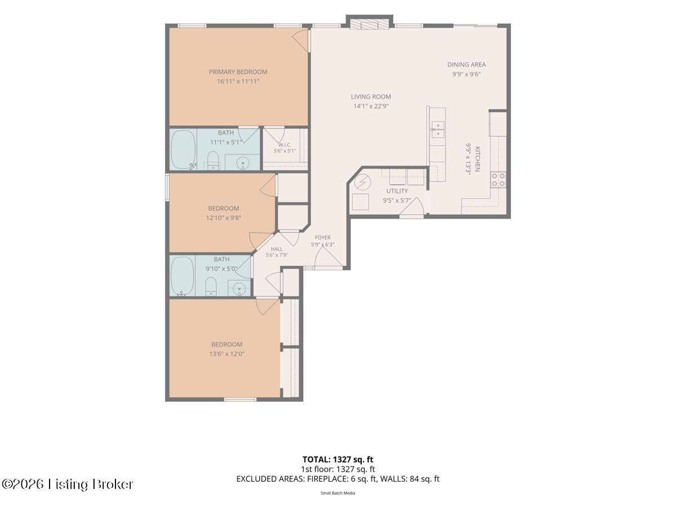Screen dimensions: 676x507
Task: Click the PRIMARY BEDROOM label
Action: tap(238, 72)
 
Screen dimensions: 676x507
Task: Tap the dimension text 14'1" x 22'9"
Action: tap(371, 106)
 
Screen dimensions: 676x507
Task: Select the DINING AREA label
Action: tap(466, 65)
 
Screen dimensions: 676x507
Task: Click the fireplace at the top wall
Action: tap(369, 25)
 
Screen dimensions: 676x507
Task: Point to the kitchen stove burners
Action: tap(498, 180)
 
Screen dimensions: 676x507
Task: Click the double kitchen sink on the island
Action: tap(437, 130)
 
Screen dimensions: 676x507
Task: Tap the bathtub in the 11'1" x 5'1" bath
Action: tap(183, 150)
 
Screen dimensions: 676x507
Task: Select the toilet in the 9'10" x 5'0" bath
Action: tap(211, 286)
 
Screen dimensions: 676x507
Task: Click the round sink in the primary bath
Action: tap(243, 163)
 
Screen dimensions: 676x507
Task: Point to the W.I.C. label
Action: tap(285, 145)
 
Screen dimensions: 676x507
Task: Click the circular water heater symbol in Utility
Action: tap(362, 183)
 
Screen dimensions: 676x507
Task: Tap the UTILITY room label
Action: tap(397, 191)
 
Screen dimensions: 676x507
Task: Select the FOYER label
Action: tap(322, 238)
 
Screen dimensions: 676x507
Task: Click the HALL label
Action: tap(277, 249)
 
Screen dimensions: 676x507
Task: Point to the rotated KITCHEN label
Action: tap(477, 159)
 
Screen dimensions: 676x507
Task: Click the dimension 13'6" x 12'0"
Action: tap(226, 354)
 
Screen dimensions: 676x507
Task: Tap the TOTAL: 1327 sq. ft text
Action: tap(337, 460)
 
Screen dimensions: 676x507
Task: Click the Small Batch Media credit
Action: tap(337, 493)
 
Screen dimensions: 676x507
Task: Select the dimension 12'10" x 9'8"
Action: tap(223, 218)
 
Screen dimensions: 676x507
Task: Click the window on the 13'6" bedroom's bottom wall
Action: tap(240, 399)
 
